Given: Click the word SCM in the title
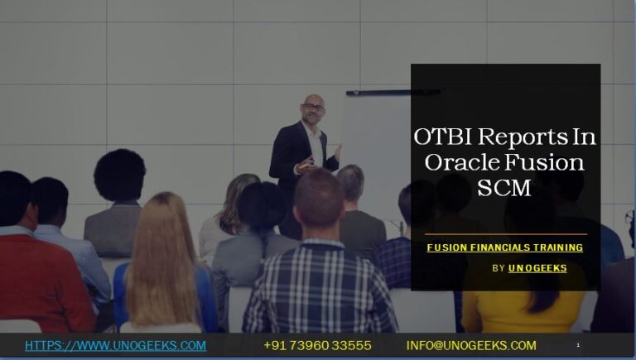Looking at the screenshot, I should pos(504,188).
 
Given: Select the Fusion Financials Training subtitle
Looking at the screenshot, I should pos(504,247).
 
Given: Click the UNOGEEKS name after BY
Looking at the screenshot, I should pos(537,268).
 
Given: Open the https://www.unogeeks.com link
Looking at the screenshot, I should pos(115,345).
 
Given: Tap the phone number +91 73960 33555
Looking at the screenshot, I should pos(317,345).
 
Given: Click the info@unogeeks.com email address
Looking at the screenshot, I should pos(471,345).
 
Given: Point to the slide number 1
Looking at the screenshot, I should pos(577,345).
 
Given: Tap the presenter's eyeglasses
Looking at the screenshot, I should pos(314,108).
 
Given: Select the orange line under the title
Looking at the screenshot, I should pos(506,234).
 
